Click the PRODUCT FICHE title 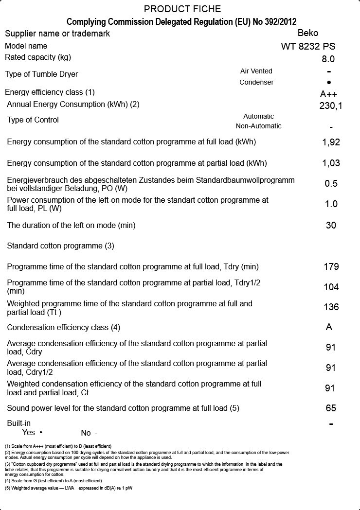[182, 9]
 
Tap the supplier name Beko [308, 33]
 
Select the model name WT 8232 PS [308, 47]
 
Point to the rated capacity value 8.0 [328, 59]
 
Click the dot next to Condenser [329, 83]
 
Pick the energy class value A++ [328, 94]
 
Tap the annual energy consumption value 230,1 [331, 106]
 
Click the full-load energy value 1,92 [331, 142]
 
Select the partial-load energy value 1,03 [331, 163]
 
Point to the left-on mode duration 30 [331, 226]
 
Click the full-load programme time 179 [331, 267]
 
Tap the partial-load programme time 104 [331, 287]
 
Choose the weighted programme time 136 [331, 307]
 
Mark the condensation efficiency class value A [329, 327]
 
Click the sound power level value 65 [331, 408]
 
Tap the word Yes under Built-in [29, 433]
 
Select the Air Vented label [256, 71]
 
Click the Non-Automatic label [258, 126]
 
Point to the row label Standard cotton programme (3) [60, 246]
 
